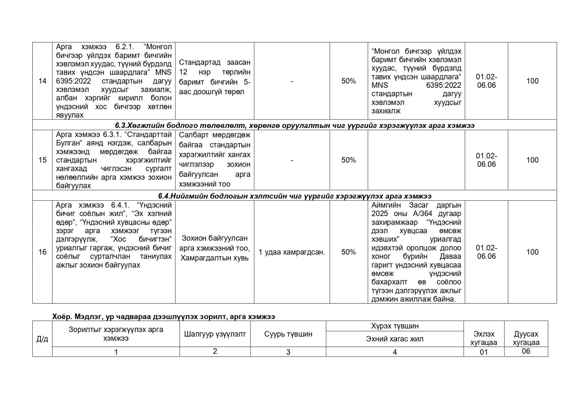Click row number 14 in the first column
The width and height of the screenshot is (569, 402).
coord(42,81)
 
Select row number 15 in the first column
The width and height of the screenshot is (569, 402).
coord(42,160)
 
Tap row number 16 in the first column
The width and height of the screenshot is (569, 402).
coord(42,252)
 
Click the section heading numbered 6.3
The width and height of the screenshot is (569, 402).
coord(294,125)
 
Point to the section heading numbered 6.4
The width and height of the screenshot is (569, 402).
coord(294,196)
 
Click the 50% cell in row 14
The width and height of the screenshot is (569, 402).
coord(349,81)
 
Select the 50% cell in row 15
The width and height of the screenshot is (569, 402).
coord(349,160)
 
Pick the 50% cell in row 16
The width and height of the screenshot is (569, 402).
coord(349,252)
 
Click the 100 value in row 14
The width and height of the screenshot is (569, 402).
coord(532,81)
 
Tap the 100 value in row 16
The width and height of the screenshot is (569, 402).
coord(532,252)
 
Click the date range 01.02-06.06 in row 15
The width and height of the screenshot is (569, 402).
coord(486,160)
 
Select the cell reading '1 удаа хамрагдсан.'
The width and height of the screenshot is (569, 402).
coord(292,252)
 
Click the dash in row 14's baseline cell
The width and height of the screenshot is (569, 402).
coord(292,81)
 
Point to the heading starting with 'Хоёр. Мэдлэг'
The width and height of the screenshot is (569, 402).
coord(163,316)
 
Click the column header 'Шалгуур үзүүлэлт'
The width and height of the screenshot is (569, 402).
coord(215,334)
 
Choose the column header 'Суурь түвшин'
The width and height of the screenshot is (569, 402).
coord(288,334)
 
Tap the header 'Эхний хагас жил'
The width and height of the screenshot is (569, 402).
coord(394,339)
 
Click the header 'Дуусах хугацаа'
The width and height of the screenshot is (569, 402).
coord(526,338)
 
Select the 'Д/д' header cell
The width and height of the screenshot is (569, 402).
coord(42,339)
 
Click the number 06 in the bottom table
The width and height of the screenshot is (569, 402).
coord(526,351)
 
